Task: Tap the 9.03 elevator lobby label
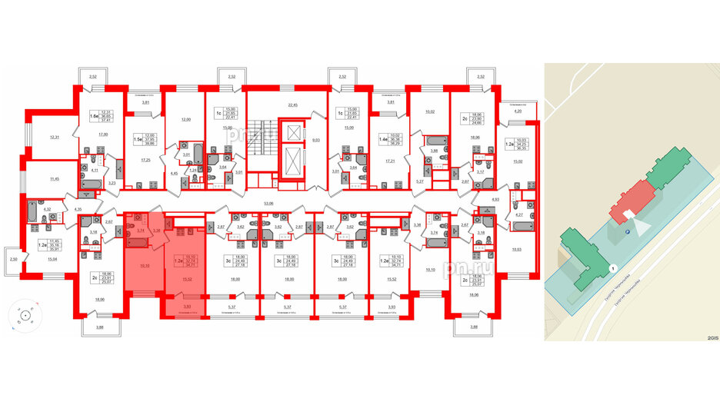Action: tap(315, 141)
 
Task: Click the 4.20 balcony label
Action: tap(518, 111)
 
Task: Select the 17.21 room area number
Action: tap(388, 161)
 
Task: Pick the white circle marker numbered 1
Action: tap(612, 267)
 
